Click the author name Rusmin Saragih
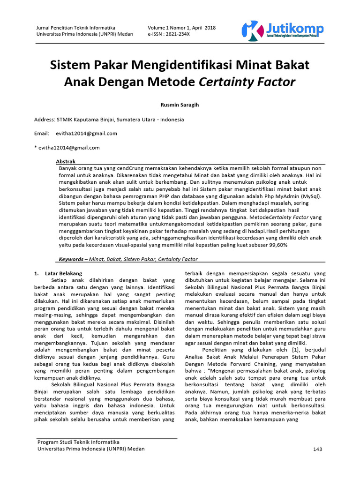pos(180,105)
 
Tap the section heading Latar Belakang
pos(64,273)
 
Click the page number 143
pos(318,449)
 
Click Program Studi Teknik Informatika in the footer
pos(78,442)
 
